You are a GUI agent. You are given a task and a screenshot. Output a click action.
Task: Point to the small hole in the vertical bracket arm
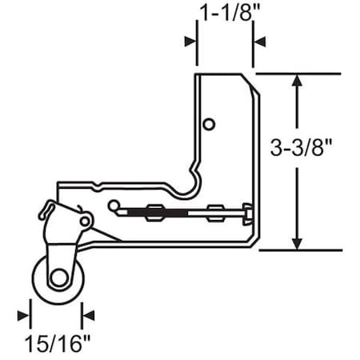coord(209,124)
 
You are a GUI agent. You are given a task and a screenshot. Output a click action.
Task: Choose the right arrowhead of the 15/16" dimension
coord(89,314)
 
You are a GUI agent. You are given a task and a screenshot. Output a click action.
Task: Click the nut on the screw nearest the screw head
coord(214,213)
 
